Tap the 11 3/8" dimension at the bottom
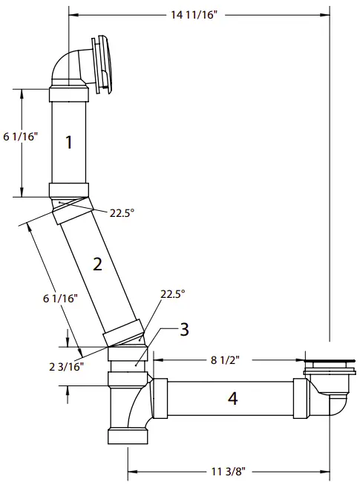[228, 470]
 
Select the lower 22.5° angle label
[172, 293]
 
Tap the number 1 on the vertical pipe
[68, 143]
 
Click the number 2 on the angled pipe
[96, 264]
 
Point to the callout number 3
[185, 329]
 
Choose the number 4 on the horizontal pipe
[232, 399]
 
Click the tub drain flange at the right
[327, 363]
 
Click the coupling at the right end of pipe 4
[301, 401]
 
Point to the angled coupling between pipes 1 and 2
[71, 204]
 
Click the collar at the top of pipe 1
[69, 94]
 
